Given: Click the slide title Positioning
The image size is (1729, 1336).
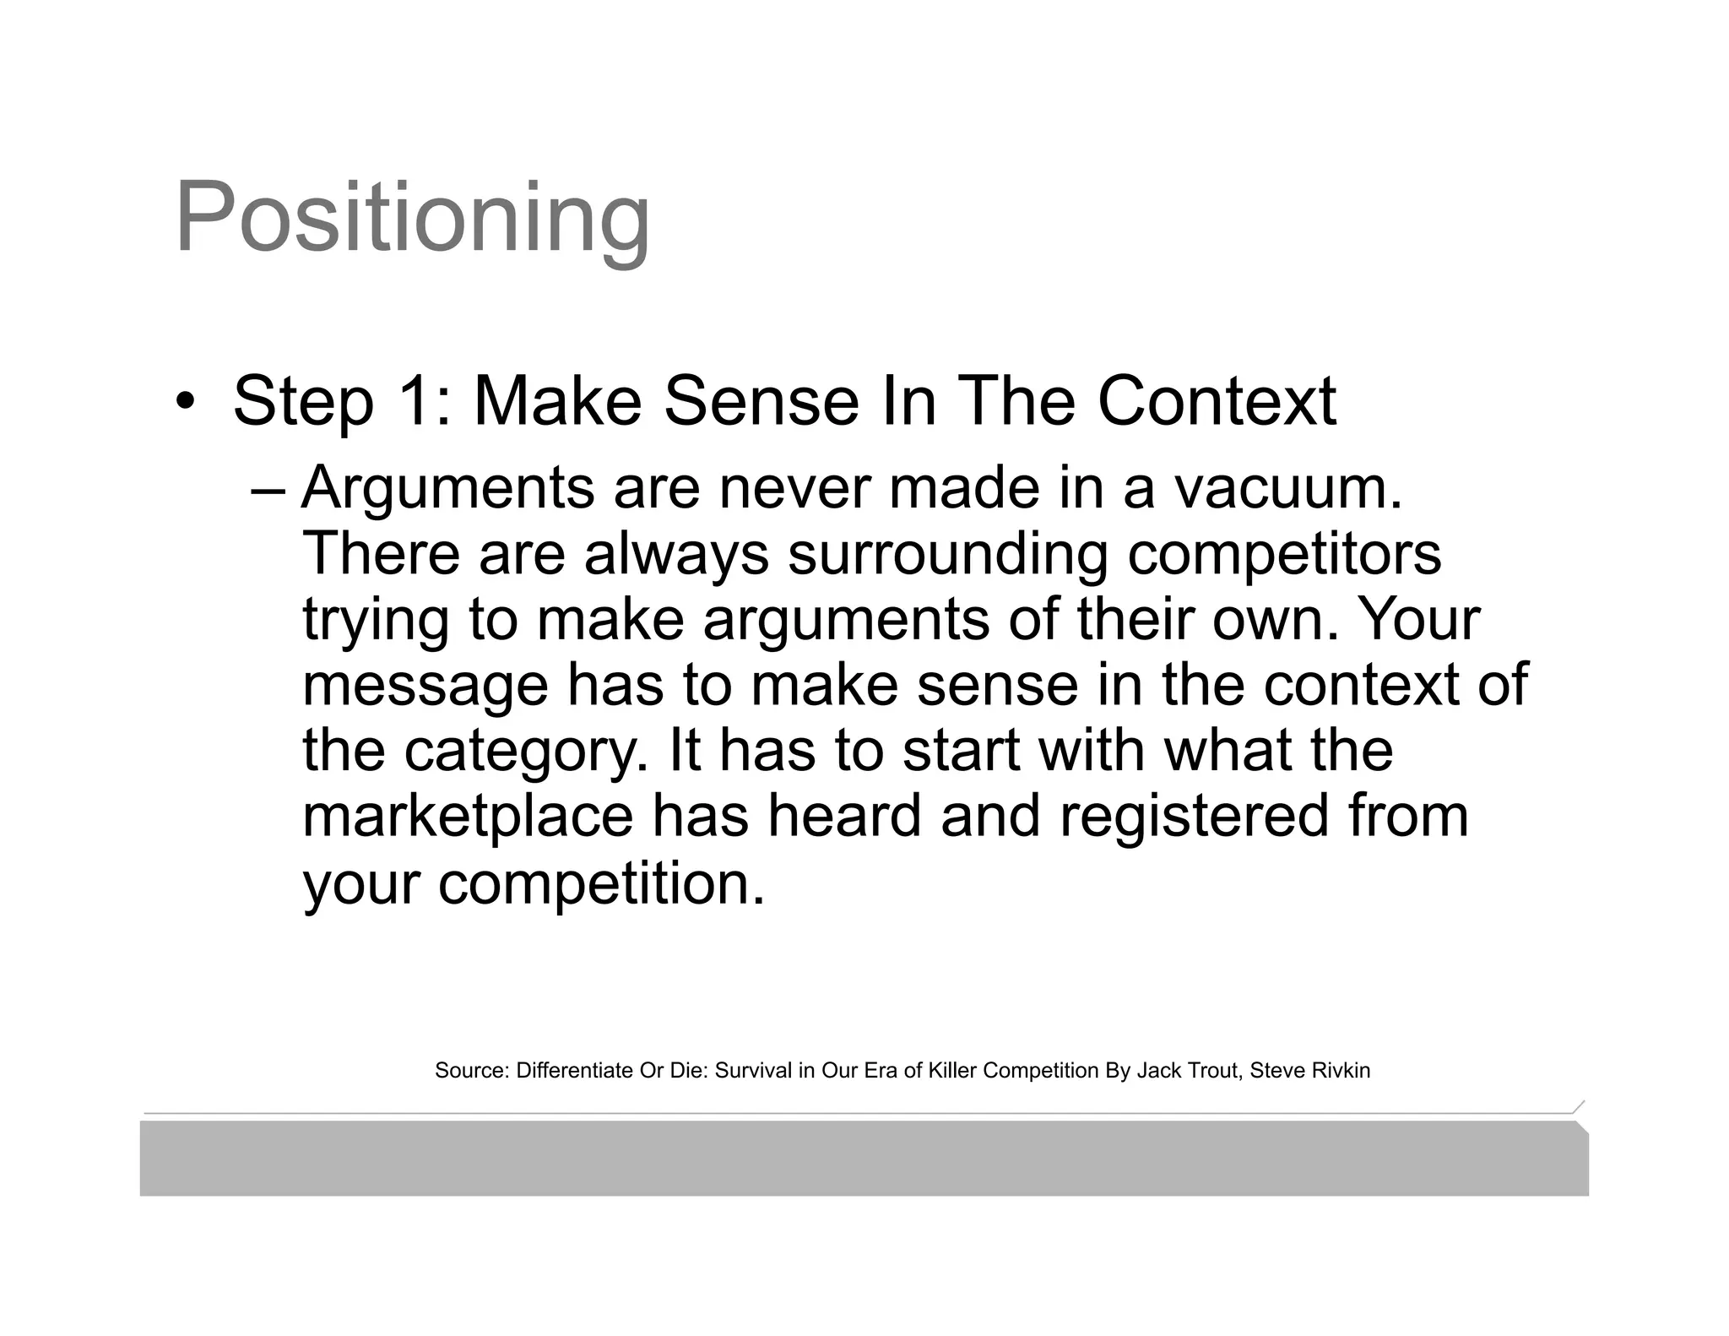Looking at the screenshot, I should click(412, 219).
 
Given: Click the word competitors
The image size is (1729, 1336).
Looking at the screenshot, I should click(1284, 555).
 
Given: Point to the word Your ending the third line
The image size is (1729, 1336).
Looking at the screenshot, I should click(1418, 619).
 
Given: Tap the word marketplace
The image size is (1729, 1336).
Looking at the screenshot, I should click(468, 816).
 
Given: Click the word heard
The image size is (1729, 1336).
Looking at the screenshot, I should click(844, 816).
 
